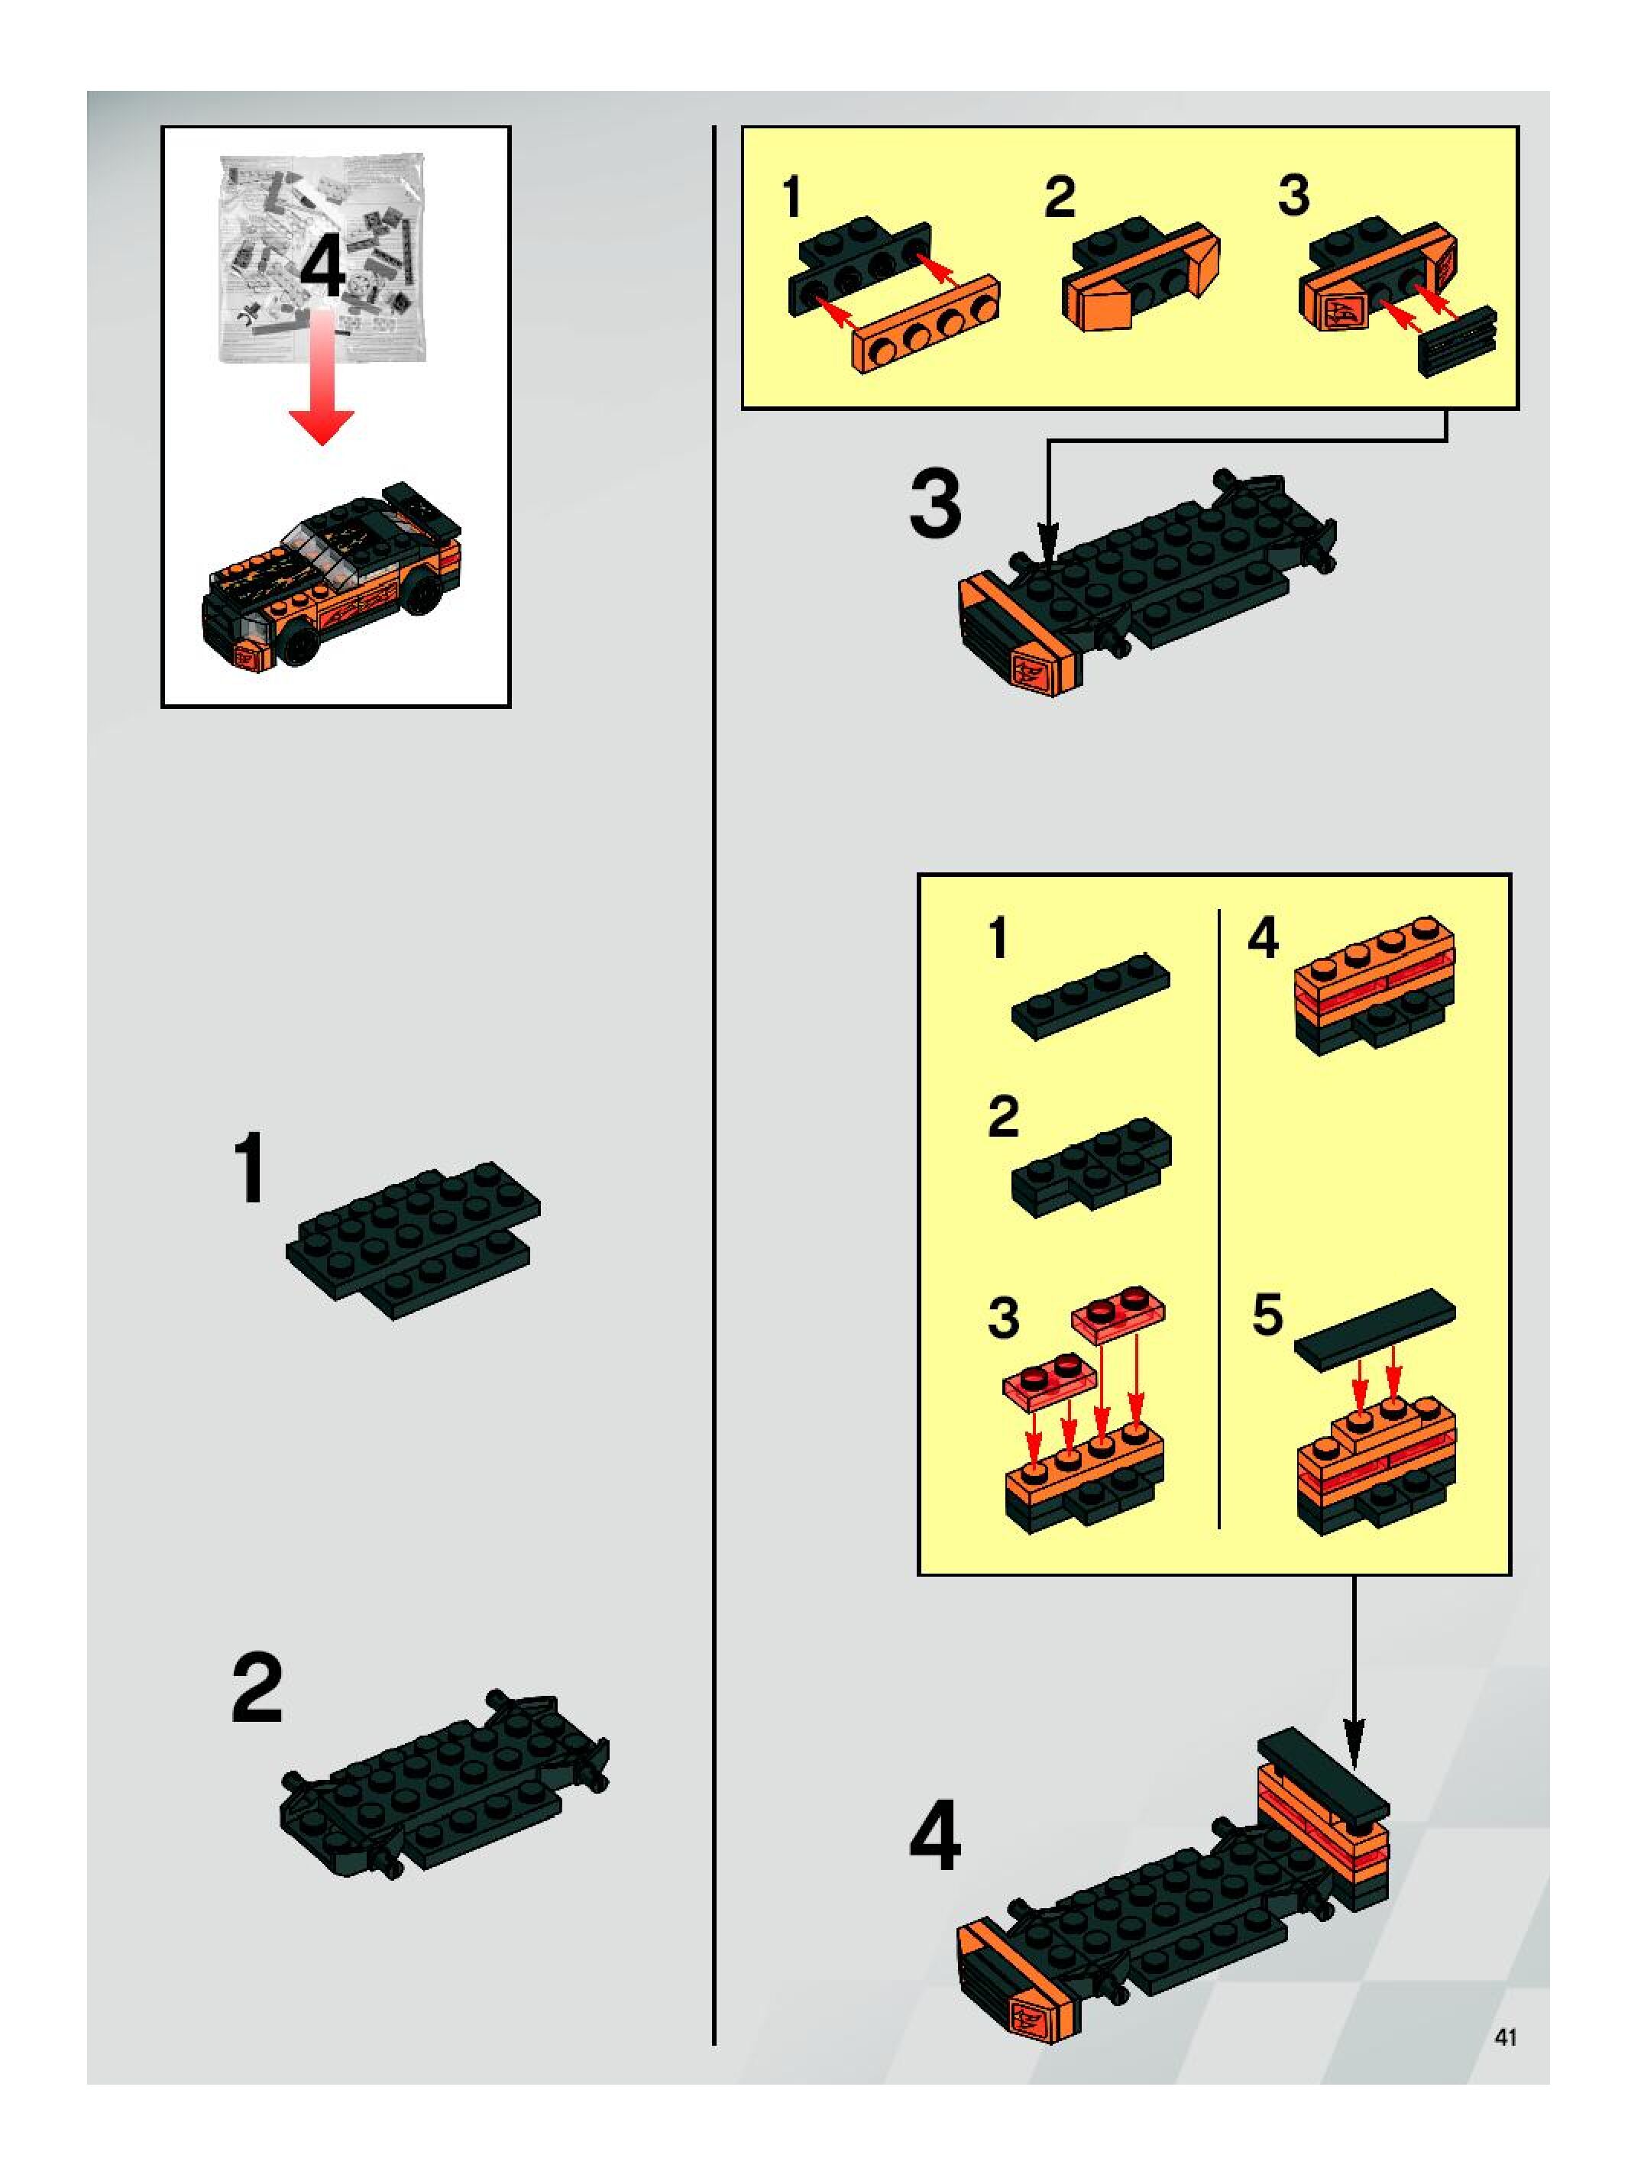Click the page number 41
pos(1505,2037)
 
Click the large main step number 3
pos(935,504)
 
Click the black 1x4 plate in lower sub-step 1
pos(1090,995)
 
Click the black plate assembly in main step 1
pos(413,1240)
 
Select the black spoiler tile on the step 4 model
pos(1323,1778)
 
